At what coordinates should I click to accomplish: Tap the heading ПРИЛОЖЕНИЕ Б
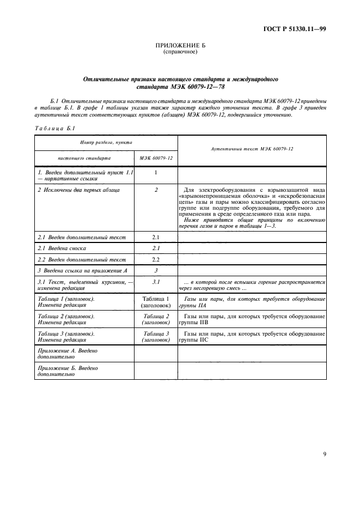point(180,46)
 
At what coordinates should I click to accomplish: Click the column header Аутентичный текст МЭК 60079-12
point(252,150)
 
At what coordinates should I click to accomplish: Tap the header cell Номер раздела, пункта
point(106,143)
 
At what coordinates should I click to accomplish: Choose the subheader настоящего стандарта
point(84,158)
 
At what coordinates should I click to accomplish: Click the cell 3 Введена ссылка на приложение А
point(82,270)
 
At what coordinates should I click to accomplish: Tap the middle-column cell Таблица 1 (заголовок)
point(156,302)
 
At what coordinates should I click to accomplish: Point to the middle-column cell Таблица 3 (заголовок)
point(156,336)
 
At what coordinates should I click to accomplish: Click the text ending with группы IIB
point(252,319)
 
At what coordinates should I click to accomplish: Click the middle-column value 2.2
point(155,259)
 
